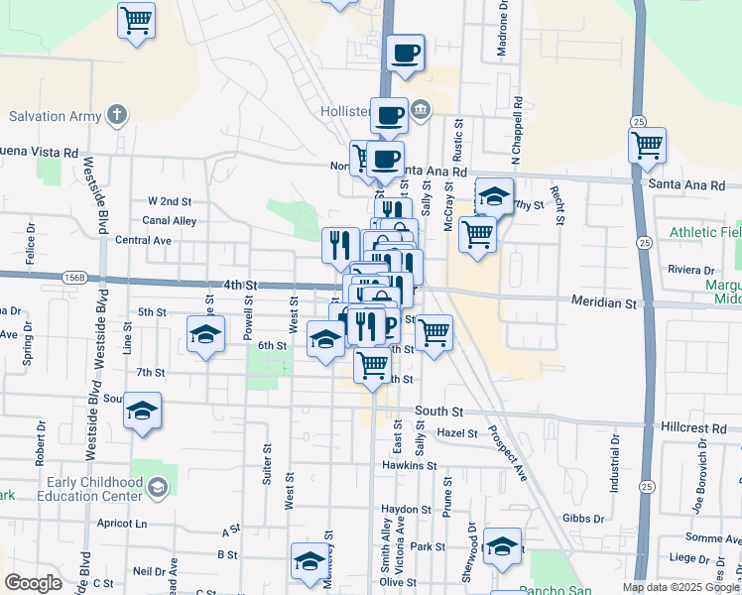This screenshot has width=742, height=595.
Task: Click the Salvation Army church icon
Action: pos(118,115)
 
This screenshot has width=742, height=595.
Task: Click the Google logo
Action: pos(33,583)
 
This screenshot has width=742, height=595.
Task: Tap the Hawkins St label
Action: pos(410,465)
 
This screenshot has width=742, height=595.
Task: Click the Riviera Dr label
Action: pos(692,270)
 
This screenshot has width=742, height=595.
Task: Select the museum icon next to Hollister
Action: pos(421,108)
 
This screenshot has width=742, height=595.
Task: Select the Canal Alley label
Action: pos(170,221)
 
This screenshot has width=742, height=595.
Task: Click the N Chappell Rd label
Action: pos(517,129)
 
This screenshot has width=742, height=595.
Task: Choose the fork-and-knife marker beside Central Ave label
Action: pos(340,243)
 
